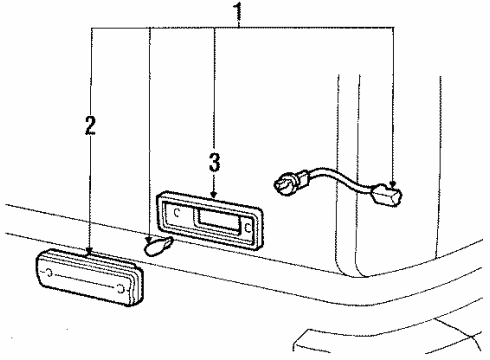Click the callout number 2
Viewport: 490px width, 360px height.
90,126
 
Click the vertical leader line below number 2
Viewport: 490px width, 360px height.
90,190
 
